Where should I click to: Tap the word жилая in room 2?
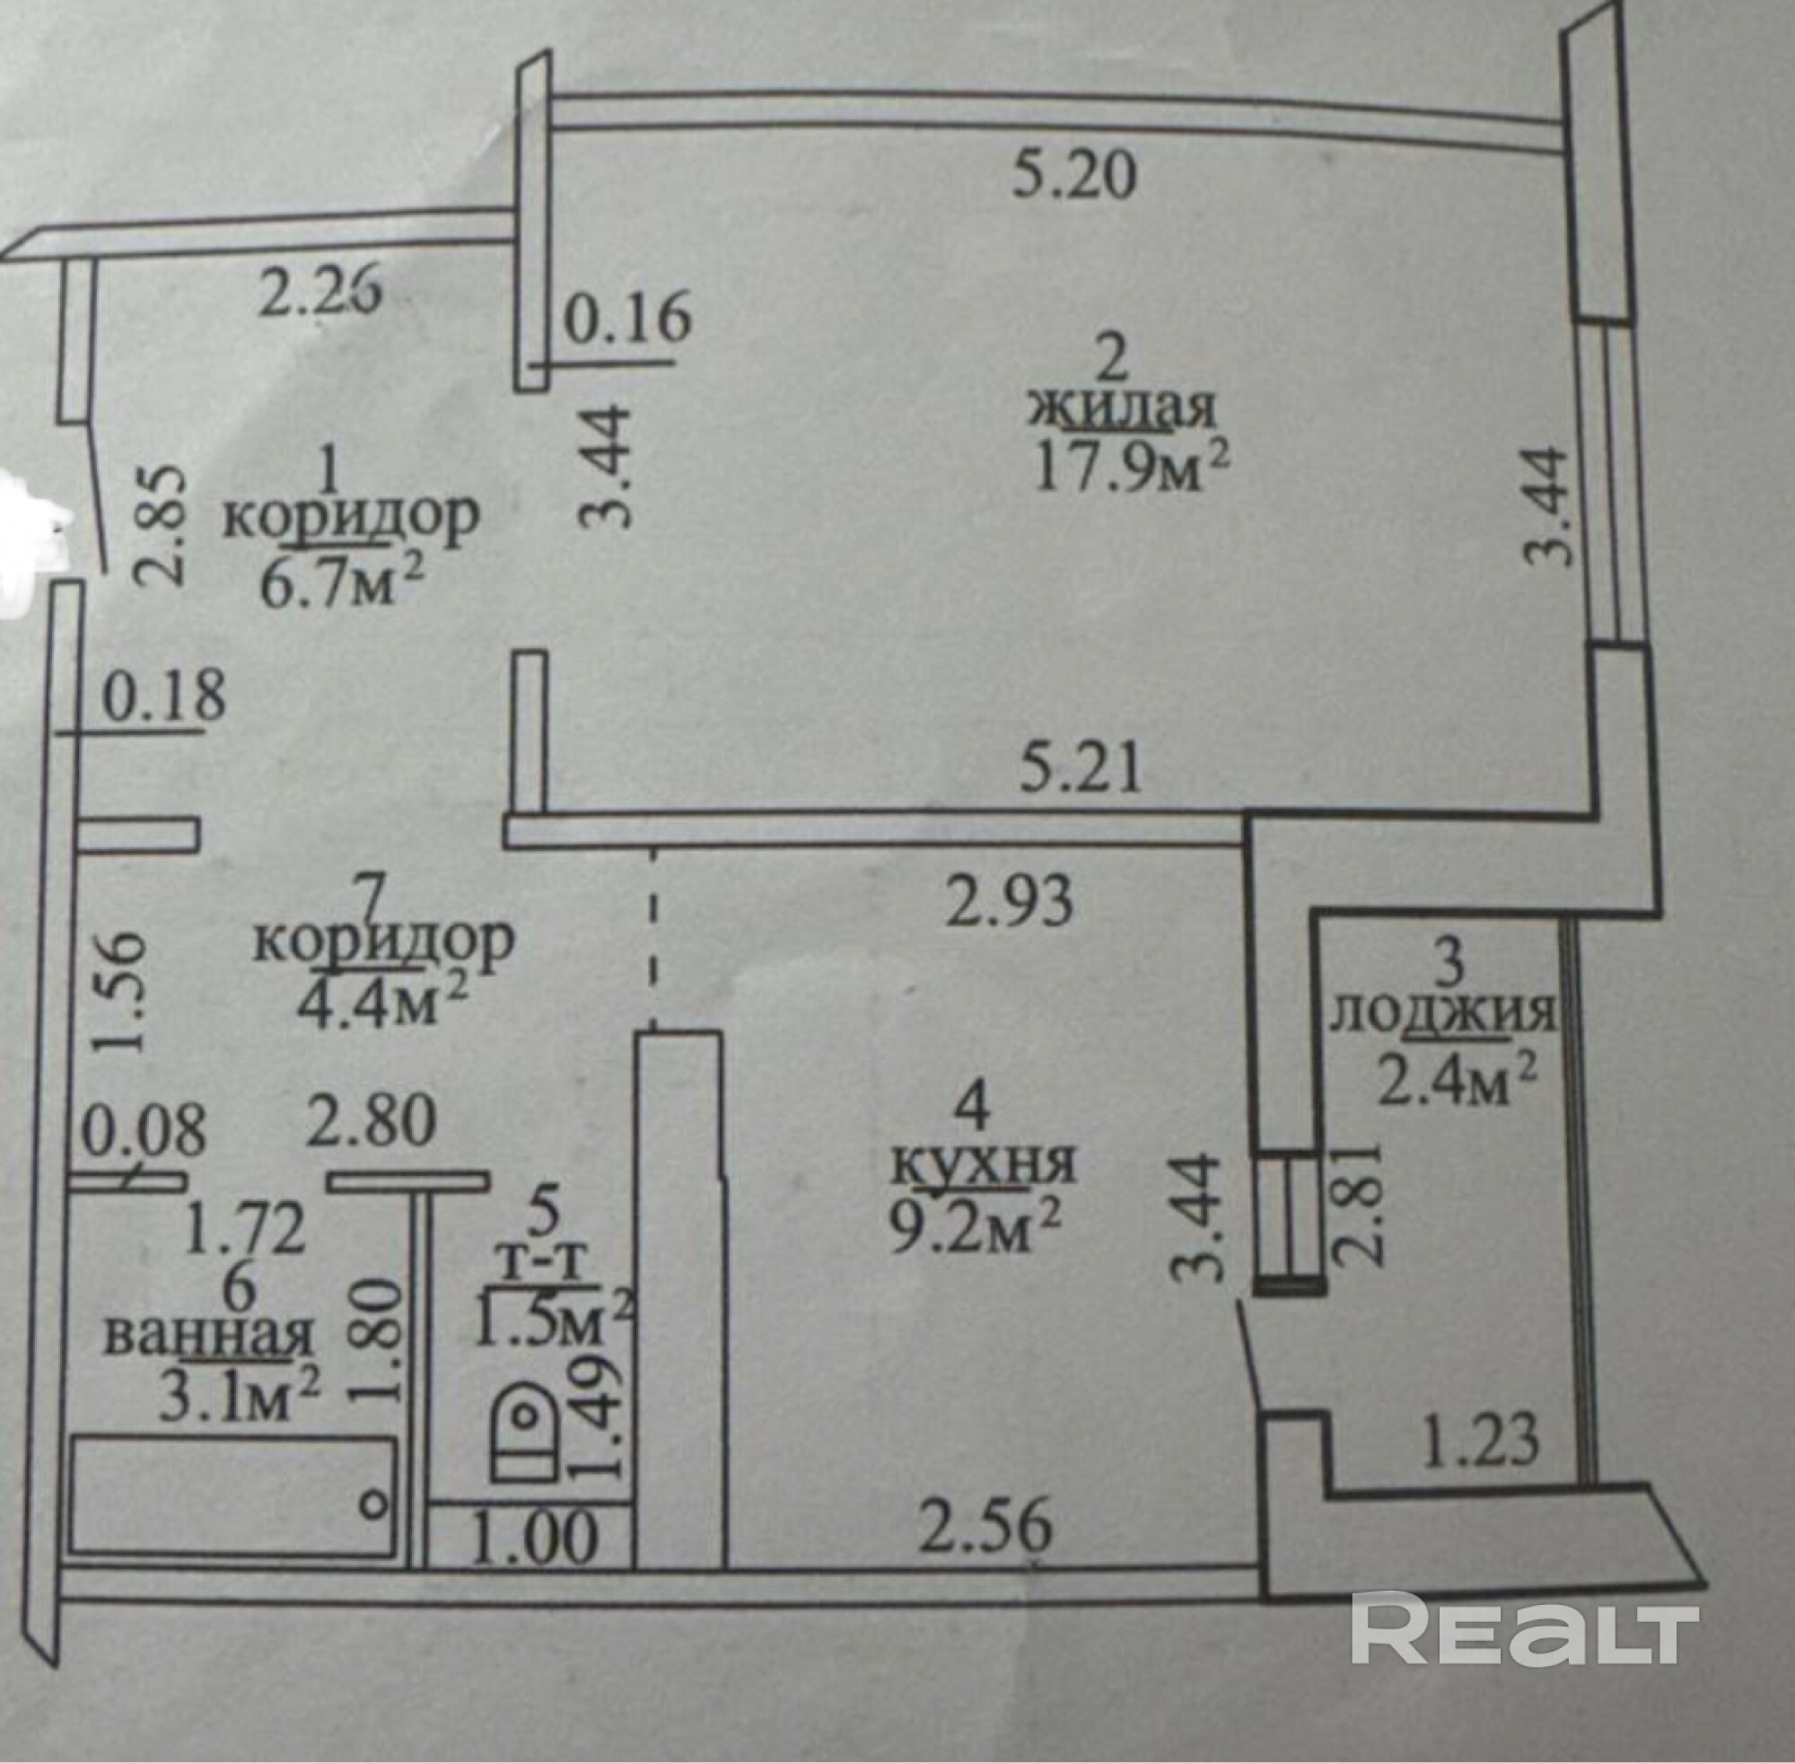(1120, 410)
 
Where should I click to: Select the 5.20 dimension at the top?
(1073, 175)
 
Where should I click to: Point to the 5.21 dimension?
(1081, 767)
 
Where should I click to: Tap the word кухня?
(983, 1164)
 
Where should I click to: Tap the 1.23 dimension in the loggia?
(1478, 1440)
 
